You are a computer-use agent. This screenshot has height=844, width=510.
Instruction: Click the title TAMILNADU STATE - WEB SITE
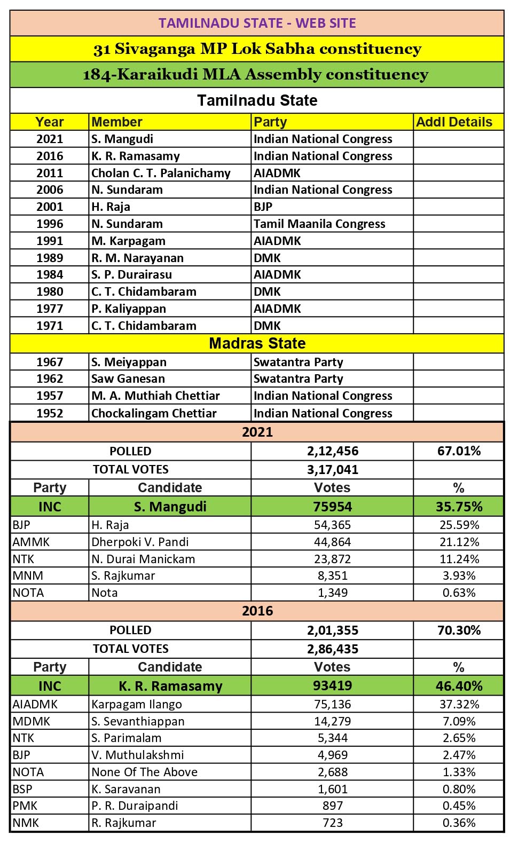[257, 23]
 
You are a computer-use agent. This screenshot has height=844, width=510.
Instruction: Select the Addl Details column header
[454, 122]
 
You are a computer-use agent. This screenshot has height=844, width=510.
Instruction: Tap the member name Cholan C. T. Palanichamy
[161, 173]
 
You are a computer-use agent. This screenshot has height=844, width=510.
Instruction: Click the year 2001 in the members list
[50, 207]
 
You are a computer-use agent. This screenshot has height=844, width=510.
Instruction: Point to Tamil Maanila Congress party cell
[319, 224]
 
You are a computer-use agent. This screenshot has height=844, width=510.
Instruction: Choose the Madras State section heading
[257, 343]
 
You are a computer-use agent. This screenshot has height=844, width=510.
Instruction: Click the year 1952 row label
[50, 413]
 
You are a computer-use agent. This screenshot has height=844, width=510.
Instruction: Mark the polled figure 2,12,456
[332, 451]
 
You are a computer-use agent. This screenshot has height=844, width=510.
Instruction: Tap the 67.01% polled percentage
[459, 451]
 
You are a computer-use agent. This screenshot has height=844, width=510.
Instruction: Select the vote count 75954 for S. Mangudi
[332, 507]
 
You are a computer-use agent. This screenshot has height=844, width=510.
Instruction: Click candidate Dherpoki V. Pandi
[140, 542]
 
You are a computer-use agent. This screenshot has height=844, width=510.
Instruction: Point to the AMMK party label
[31, 542]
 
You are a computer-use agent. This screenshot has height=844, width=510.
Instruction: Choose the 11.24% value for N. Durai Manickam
[459, 559]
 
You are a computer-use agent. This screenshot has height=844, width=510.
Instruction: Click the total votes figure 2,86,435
[332, 649]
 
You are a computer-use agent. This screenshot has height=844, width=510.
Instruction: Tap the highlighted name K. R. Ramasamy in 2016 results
[170, 686]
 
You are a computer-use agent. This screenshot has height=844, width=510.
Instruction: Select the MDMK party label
[32, 721]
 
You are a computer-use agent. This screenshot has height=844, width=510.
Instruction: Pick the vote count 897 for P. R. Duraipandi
[332, 806]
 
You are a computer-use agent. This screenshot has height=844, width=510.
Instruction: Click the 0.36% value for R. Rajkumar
[459, 823]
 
